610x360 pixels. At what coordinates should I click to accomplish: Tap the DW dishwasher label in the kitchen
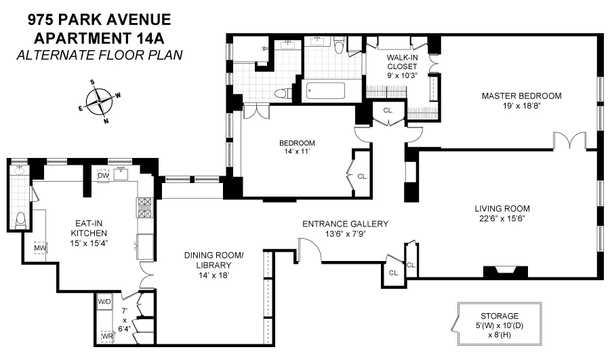[103, 176]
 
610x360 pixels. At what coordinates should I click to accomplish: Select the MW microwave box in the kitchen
[39, 248]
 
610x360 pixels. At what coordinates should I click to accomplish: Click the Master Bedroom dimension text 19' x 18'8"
[521, 106]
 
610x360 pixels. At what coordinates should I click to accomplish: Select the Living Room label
[502, 208]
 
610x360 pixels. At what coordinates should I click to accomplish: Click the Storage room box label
[500, 316]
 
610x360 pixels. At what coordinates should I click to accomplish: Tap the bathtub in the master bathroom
[325, 91]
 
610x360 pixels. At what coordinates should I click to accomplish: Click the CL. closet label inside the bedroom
[362, 176]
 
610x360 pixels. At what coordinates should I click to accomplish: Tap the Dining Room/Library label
[213, 260]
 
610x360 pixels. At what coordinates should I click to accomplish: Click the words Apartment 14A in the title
[99, 37]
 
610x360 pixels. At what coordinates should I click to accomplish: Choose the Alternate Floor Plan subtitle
[99, 55]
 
